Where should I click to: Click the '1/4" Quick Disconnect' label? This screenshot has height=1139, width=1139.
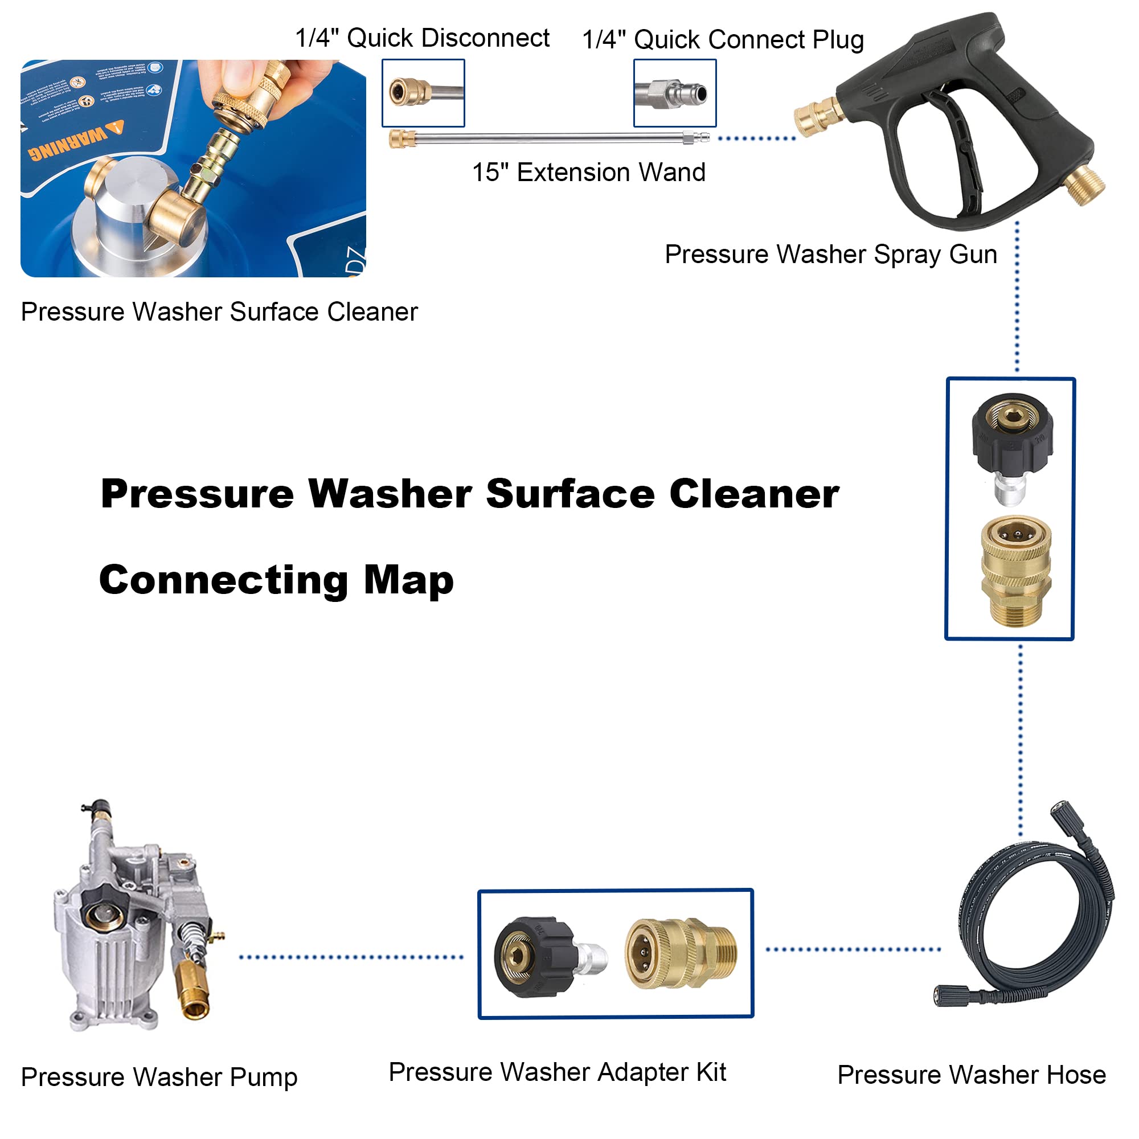click(421, 38)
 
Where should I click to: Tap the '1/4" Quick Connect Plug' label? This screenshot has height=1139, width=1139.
click(722, 40)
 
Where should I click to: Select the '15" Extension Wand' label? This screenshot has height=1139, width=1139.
click(588, 172)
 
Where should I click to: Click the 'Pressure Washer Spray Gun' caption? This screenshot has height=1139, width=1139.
click(830, 254)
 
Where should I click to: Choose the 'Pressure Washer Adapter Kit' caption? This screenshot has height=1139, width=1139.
click(556, 1072)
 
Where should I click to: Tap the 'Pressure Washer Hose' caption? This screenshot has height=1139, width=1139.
click(971, 1074)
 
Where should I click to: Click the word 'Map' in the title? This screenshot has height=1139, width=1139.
click(408, 580)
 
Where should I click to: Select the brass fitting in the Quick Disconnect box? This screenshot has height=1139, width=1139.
click(409, 93)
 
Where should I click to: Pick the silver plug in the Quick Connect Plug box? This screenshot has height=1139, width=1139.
click(678, 93)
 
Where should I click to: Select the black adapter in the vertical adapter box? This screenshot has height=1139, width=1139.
click(1011, 436)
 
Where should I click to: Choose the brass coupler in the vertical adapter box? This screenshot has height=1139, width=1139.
click(1015, 569)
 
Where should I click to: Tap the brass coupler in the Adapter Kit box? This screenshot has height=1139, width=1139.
click(678, 953)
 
